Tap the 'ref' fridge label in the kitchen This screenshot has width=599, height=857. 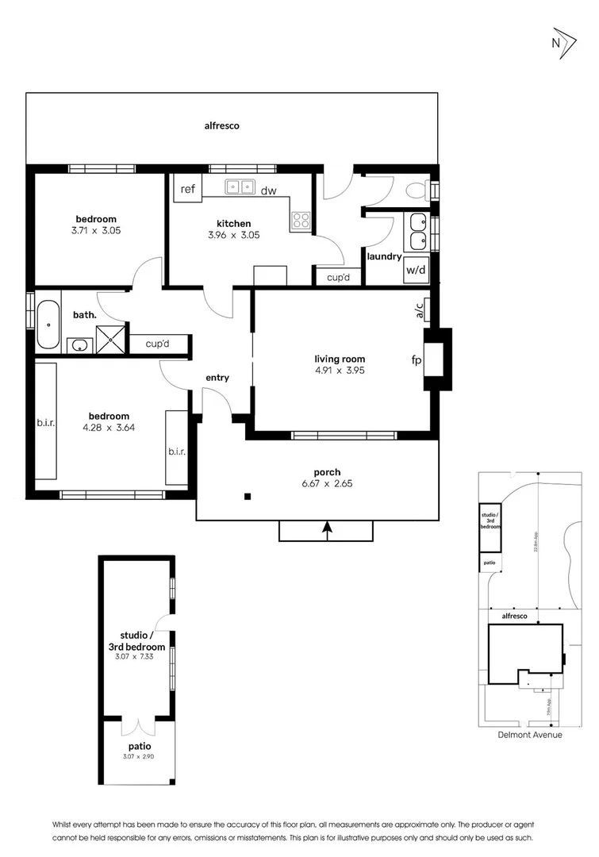pyautogui.click(x=188, y=189)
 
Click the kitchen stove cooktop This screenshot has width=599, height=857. pyautogui.click(x=301, y=220)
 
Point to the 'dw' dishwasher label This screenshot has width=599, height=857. pyautogui.click(x=269, y=190)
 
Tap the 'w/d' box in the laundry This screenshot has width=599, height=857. pyautogui.click(x=416, y=270)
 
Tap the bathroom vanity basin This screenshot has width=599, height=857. pyautogui.click(x=80, y=345)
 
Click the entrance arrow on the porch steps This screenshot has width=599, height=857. pyautogui.click(x=326, y=527)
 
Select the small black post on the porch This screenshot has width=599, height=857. pyautogui.click(x=248, y=497)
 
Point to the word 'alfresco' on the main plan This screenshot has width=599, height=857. pyautogui.click(x=221, y=125)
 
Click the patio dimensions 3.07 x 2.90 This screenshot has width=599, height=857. pyautogui.click(x=139, y=756)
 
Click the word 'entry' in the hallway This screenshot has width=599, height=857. pyautogui.click(x=217, y=378)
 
